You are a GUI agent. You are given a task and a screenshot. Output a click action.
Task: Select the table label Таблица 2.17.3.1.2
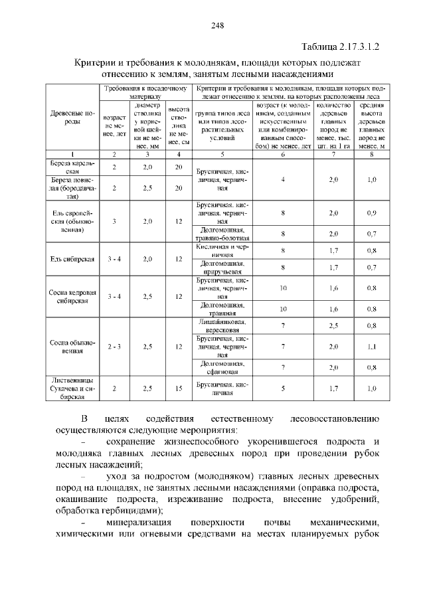343,46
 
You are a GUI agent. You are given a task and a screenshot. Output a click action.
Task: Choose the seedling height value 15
179,389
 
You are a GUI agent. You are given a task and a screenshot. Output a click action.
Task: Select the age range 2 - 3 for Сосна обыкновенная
114,347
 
